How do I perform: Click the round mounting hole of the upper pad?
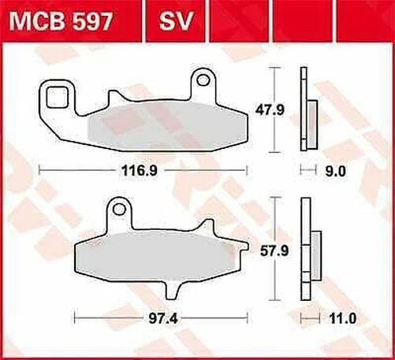tap(203, 80)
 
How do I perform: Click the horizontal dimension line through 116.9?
tap(79, 169)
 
